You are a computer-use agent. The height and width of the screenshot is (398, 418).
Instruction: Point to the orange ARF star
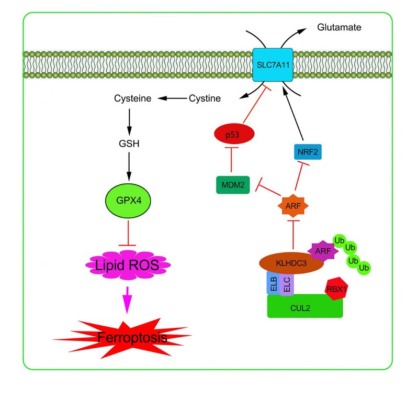292,206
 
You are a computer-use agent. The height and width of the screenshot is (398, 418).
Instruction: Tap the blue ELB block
274,283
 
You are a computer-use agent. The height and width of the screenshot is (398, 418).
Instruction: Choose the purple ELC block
287,283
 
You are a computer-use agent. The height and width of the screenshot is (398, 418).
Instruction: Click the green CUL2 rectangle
305,306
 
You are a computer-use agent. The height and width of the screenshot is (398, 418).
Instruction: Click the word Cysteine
133,98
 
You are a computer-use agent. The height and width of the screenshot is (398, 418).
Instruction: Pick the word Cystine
205,98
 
